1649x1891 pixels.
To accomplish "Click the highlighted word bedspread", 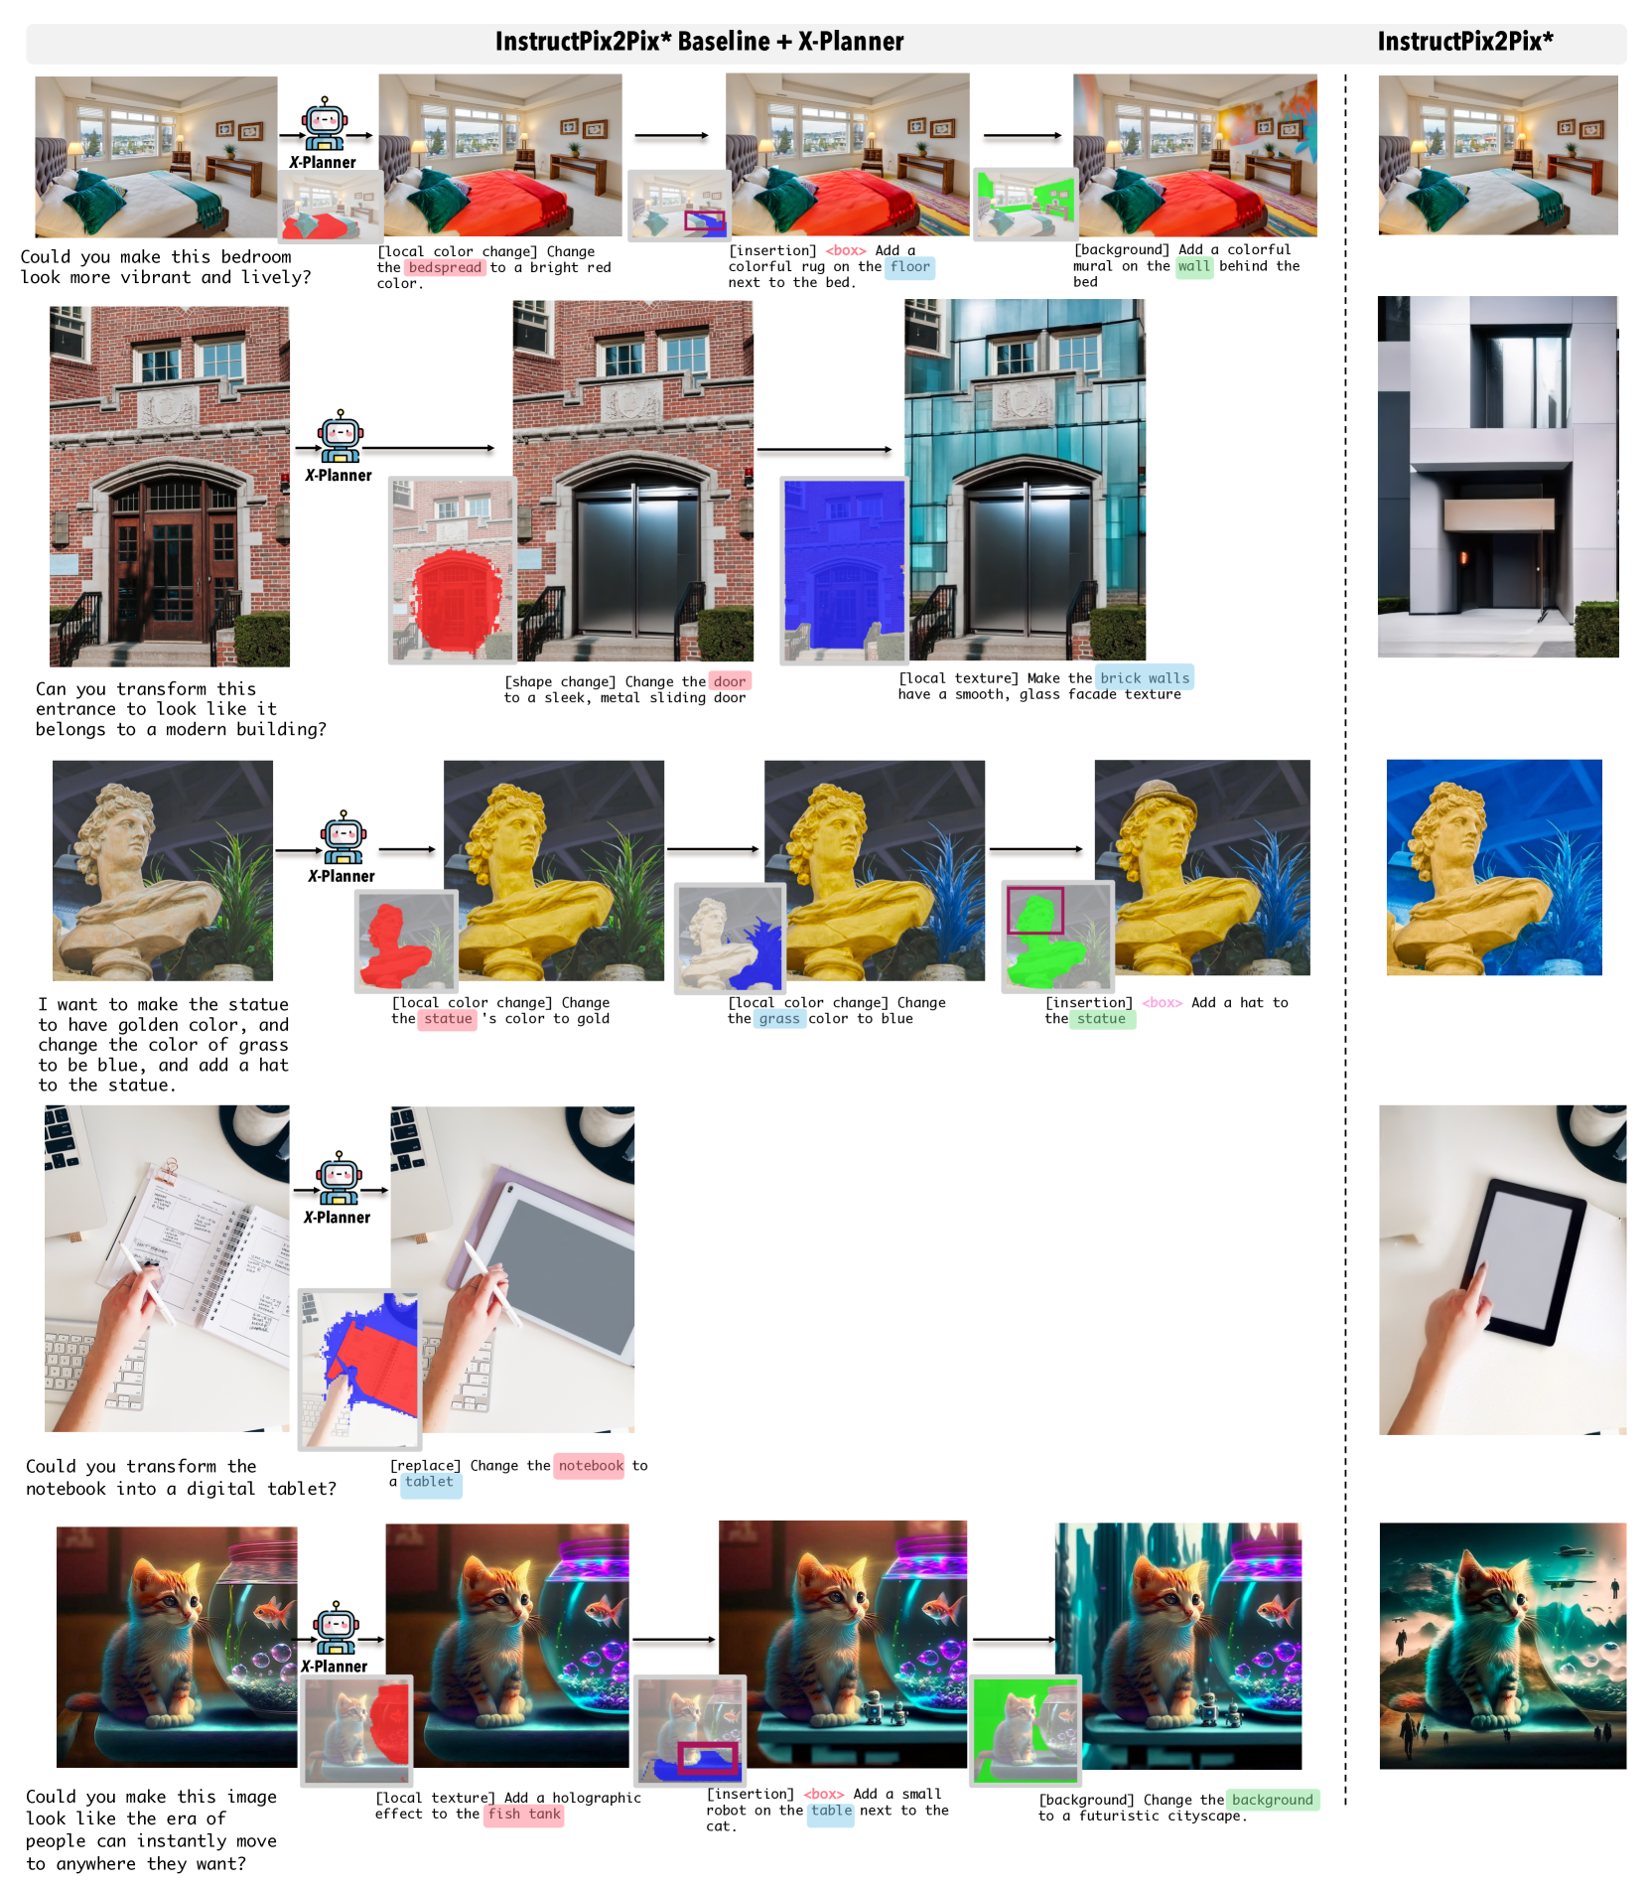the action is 445,267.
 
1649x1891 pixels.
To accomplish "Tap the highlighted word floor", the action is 910,266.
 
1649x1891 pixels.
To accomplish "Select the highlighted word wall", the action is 1194,266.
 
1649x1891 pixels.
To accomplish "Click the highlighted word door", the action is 730,681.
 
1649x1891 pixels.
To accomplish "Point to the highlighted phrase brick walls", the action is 1145,678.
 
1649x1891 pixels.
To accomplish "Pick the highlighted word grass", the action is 779,1018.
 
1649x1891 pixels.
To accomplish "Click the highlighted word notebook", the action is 591,1465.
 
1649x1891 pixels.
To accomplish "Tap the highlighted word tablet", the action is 429,1482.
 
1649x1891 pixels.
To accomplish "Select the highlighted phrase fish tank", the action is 524,1814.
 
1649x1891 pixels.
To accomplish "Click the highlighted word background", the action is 1273,1800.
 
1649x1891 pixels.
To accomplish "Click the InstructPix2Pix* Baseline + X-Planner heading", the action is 700,42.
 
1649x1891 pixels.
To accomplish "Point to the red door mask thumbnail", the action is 452,569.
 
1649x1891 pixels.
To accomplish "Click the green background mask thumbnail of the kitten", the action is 1025,1730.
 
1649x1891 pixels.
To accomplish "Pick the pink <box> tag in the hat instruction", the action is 1162,1003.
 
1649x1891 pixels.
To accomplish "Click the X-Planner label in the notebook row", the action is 338,1218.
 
